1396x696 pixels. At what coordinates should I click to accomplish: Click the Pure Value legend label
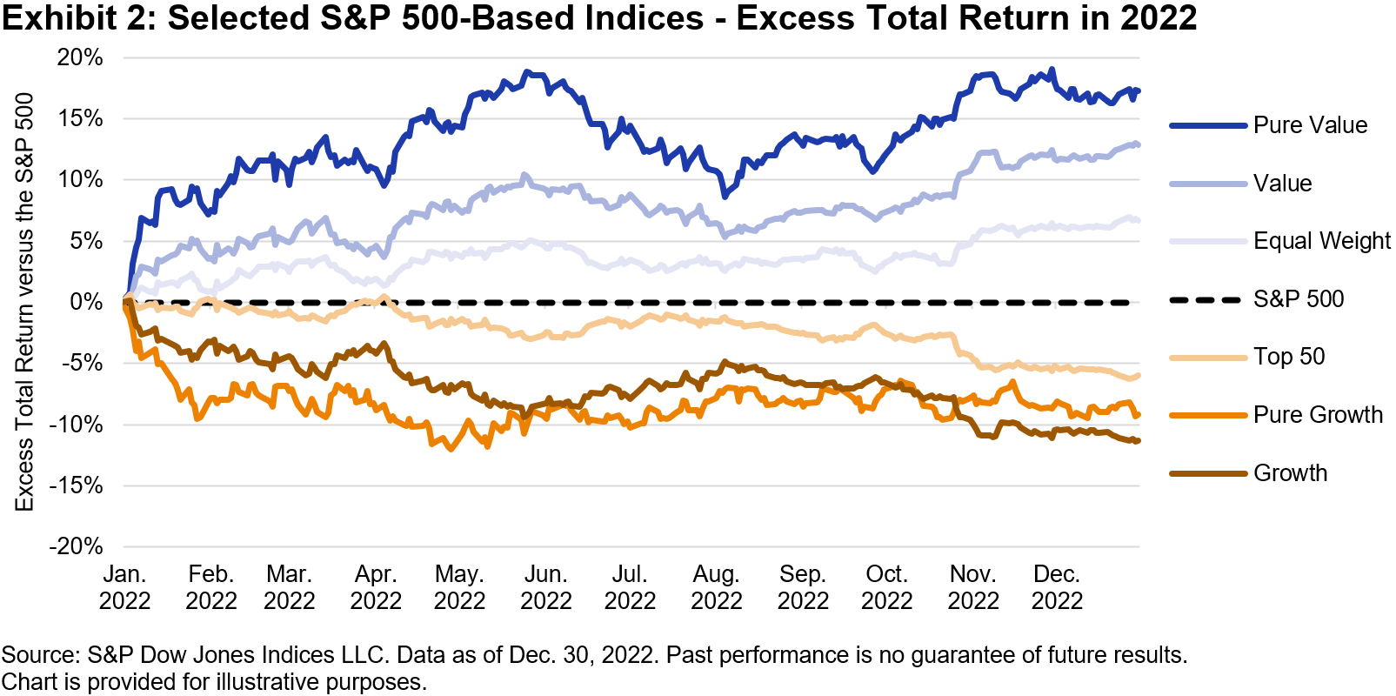[1310, 125]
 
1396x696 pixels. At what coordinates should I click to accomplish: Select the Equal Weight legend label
[1321, 241]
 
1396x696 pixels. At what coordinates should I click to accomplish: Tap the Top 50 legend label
[1289, 357]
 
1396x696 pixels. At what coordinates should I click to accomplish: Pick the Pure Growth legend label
[1318, 415]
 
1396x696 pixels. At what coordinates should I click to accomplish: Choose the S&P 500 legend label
[1299, 299]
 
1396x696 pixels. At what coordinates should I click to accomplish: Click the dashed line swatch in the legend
[1206, 300]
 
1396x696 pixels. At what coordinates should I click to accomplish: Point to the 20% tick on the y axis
[80, 58]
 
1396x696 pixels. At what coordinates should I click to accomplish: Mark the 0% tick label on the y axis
[86, 302]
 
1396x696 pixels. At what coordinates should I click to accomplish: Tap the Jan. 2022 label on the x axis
[124, 588]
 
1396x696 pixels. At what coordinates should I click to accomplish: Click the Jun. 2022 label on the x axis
[545, 588]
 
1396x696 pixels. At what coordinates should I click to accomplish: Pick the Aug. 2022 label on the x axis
[716, 588]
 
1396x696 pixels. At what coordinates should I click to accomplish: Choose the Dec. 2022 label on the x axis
[1057, 588]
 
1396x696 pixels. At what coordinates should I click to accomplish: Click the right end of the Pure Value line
[1139, 91]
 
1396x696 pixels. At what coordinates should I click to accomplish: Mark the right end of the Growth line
[1139, 441]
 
